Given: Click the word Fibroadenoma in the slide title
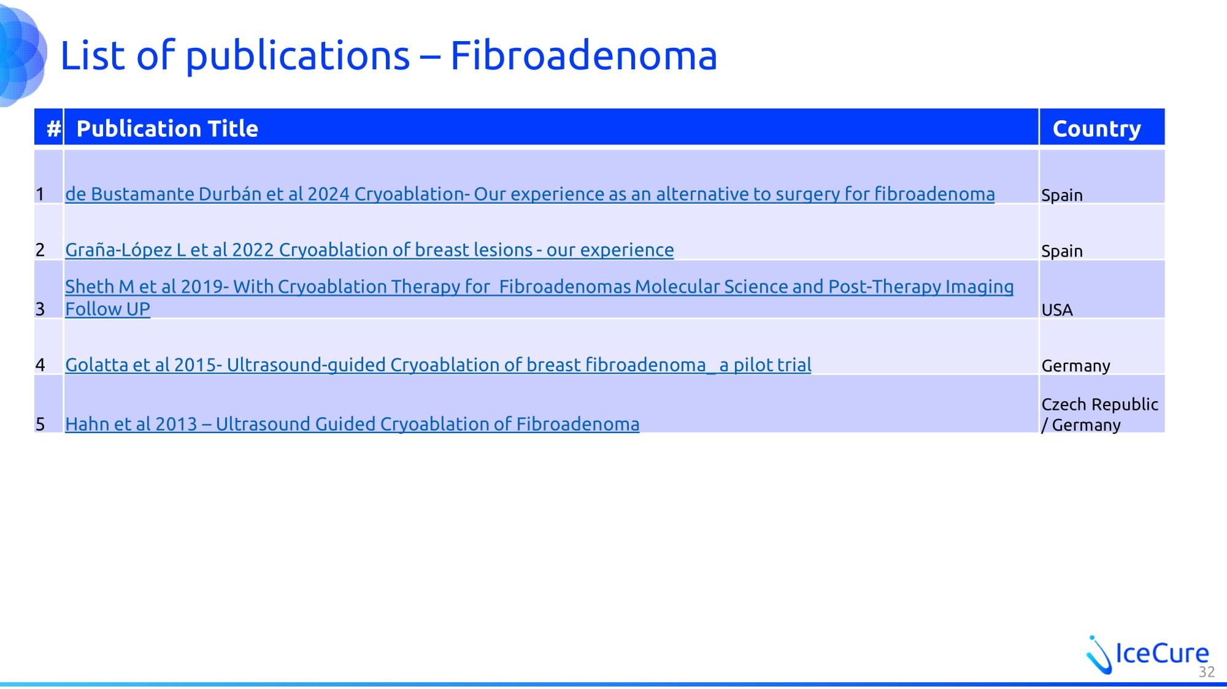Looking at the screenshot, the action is (583, 56).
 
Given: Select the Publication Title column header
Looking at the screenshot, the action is (167, 129).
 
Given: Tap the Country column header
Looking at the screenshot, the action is (1097, 129).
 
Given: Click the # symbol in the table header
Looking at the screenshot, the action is (54, 129).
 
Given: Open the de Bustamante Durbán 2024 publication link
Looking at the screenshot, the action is (530, 194).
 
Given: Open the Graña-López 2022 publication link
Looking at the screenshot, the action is (369, 250).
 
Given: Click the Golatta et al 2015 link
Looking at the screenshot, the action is (438, 365).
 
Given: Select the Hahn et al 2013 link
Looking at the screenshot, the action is (352, 424).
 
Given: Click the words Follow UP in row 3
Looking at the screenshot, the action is (107, 309).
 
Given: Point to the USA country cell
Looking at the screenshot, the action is (1057, 310).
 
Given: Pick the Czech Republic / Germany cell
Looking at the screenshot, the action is (1099, 414).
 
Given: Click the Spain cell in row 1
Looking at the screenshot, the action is (1062, 195).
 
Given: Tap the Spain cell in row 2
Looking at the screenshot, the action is (1062, 251).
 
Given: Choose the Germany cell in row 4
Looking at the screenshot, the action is (1076, 366).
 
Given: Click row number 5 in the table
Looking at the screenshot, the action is (40, 424).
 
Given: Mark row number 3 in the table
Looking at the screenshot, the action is (40, 309).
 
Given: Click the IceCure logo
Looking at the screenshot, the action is (1147, 654).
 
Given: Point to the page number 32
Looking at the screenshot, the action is (1207, 672).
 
